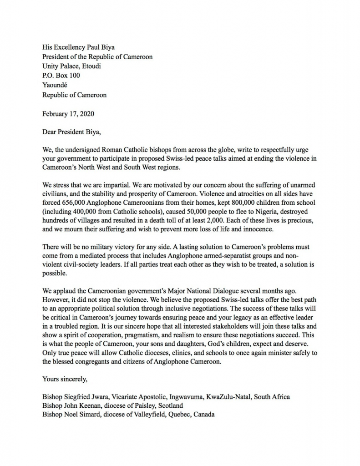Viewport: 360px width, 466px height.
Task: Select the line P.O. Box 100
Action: point(61,76)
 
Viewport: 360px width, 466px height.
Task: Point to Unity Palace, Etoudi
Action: point(71,66)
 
